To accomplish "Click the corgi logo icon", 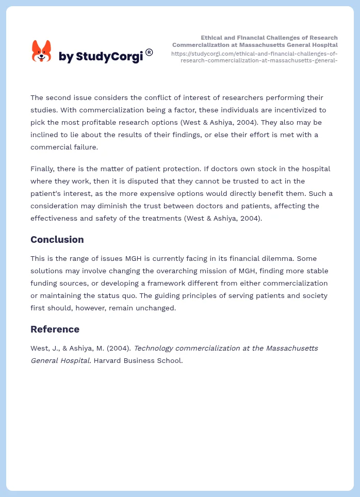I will [x=42, y=51].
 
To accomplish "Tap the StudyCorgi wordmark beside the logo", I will [x=101, y=57].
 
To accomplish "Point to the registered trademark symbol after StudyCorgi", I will [x=149, y=52].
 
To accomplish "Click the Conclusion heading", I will [x=57, y=240].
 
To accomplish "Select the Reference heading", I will [x=55, y=329].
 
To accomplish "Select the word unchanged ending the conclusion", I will [x=158, y=308].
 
